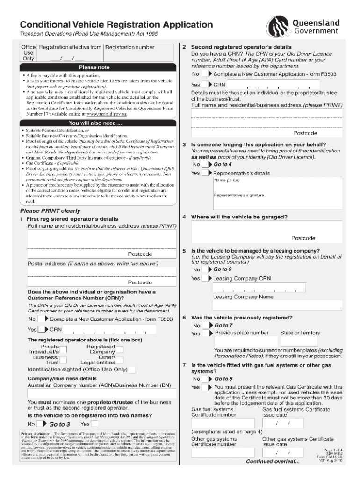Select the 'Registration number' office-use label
[130, 47]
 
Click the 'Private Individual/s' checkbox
[63, 348]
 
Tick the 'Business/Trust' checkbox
[63, 360]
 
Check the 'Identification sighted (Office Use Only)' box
[132, 369]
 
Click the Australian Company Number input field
[101, 393]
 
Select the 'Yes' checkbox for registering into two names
[95, 424]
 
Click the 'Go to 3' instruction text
[59, 424]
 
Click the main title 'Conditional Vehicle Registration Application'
[115, 24]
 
